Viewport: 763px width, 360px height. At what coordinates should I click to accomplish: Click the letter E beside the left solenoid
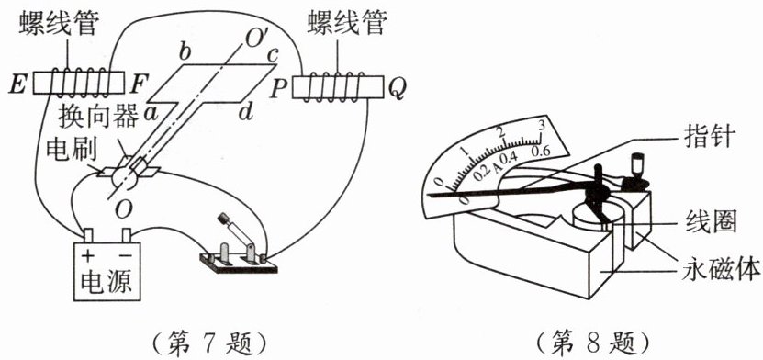click(x=18, y=85)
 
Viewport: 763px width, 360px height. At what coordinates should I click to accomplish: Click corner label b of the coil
click(x=185, y=52)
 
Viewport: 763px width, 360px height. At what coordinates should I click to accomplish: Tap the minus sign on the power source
click(x=125, y=255)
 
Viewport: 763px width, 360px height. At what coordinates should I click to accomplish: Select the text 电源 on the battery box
click(x=107, y=281)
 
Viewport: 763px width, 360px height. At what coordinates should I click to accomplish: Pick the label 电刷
click(x=72, y=152)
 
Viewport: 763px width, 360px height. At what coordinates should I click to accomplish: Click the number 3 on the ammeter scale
click(x=542, y=125)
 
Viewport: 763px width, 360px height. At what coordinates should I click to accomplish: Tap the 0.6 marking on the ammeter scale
click(x=541, y=151)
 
